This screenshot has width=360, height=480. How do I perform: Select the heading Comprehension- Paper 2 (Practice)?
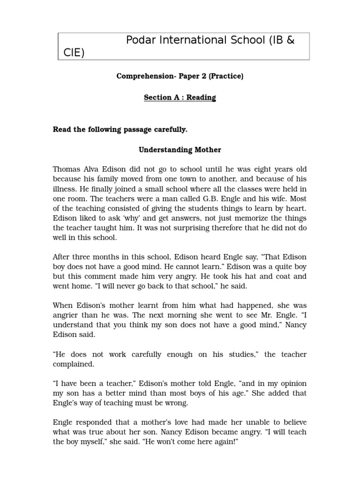(180, 76)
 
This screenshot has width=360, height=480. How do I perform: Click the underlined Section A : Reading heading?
(180, 97)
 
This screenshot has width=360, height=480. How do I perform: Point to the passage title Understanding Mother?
(180, 150)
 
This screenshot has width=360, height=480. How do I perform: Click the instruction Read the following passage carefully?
(120, 129)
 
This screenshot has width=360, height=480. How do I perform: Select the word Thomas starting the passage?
(67, 169)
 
